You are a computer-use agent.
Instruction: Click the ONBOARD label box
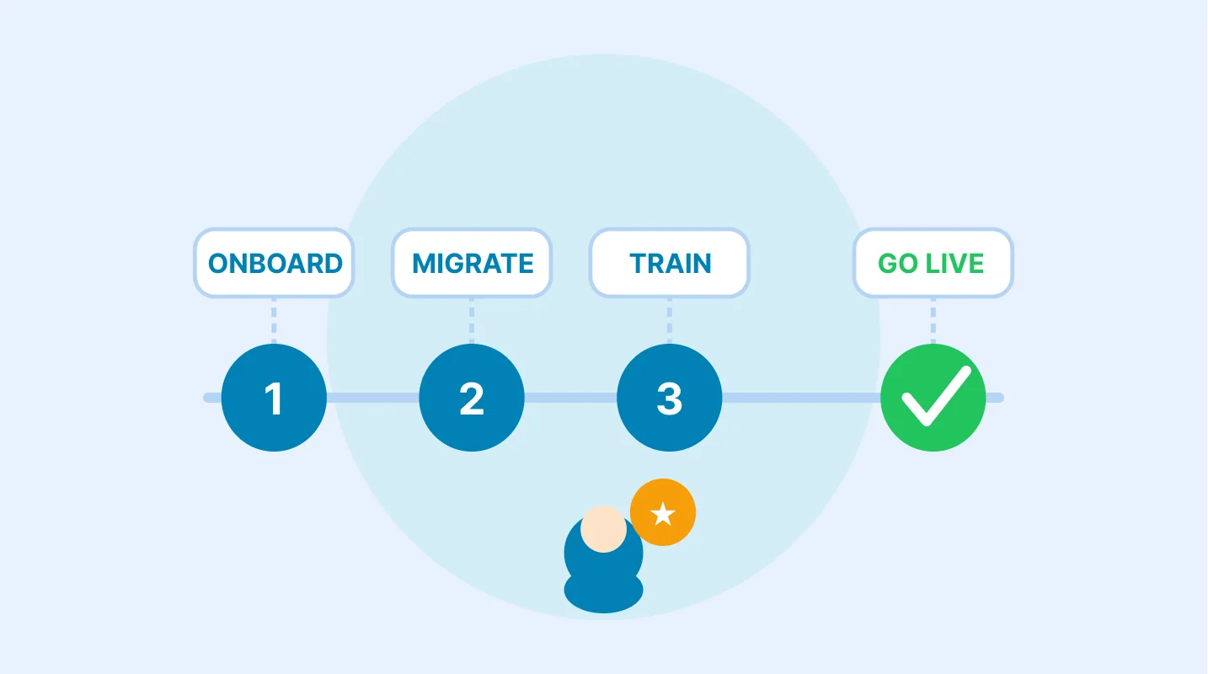[x=274, y=263]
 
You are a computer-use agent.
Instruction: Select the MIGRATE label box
[x=472, y=263]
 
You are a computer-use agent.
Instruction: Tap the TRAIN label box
[x=670, y=263]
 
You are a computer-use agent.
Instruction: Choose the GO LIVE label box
[x=933, y=263]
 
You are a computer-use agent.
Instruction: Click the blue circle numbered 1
[x=274, y=398]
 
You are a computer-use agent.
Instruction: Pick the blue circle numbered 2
[x=472, y=398]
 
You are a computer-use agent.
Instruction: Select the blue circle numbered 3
[x=670, y=398]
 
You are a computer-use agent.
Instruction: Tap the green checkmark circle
[x=933, y=398]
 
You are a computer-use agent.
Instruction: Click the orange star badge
[x=663, y=512]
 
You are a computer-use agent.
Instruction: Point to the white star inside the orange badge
[x=663, y=514]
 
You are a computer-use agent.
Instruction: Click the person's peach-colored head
[x=603, y=529]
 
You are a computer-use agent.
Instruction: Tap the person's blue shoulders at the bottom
[x=603, y=591]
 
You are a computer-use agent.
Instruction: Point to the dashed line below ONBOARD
[x=274, y=321]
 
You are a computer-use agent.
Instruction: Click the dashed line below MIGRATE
[x=472, y=321]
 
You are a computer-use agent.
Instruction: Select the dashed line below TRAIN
[x=670, y=321]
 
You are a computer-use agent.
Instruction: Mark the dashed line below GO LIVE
[x=933, y=321]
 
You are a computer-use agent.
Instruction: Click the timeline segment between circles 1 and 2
[x=372, y=398]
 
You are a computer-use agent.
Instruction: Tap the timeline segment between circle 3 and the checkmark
[x=801, y=398]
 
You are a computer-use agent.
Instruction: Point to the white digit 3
[x=670, y=399]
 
